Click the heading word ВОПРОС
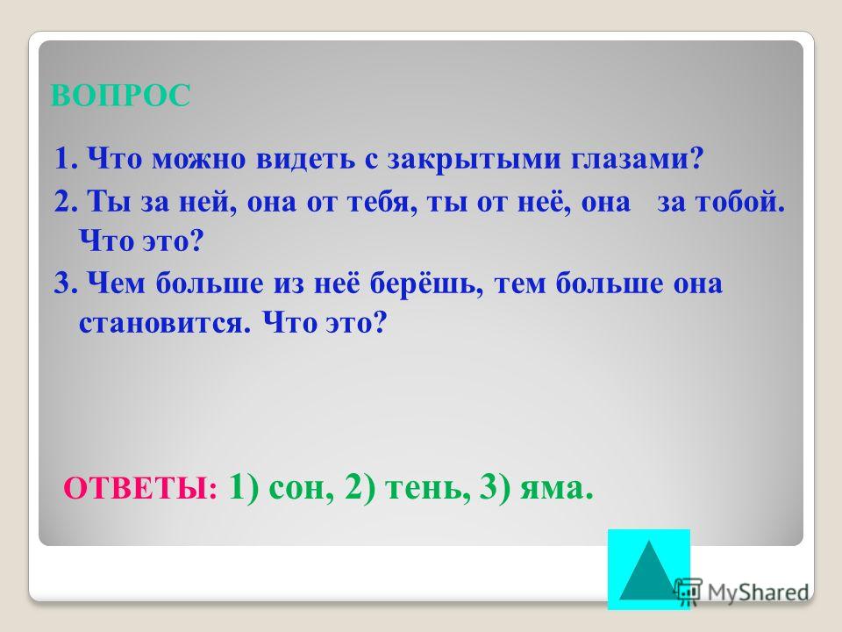click(x=120, y=96)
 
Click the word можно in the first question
click(x=198, y=160)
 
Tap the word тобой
click(x=739, y=202)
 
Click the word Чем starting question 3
click(x=116, y=283)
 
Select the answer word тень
click(x=425, y=488)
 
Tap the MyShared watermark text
click(x=758, y=592)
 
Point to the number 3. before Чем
click(x=68, y=283)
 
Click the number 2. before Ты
click(x=68, y=202)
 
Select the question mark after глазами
click(x=696, y=159)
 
